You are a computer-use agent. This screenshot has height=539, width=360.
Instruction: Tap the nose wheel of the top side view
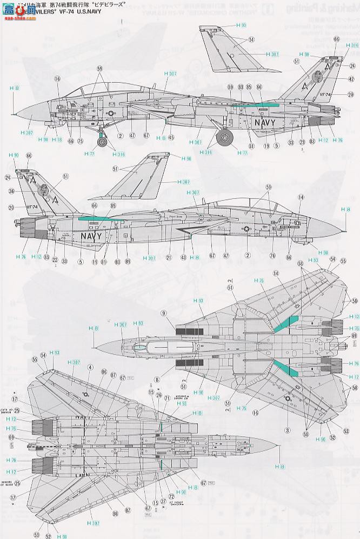[x=102, y=143]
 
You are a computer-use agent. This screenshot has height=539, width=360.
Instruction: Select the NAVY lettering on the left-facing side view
[x=265, y=123]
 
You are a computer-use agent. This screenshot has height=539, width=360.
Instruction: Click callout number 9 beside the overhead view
[x=163, y=312]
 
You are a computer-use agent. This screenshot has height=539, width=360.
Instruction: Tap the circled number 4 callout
[x=90, y=369]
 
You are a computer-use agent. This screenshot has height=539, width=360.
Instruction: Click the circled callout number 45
[x=171, y=137]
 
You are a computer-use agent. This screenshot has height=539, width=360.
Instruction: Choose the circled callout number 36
[x=11, y=190]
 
